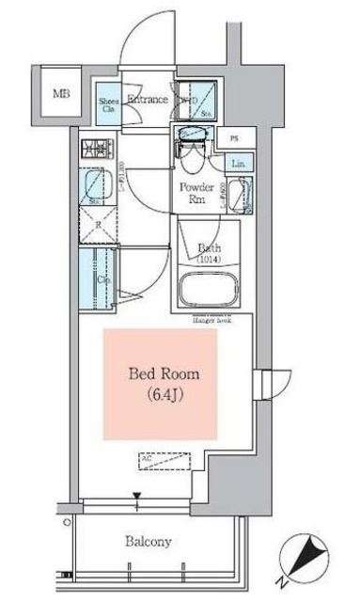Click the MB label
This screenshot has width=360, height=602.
click(61, 94)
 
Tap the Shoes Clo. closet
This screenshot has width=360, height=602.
click(109, 103)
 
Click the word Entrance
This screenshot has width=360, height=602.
click(147, 99)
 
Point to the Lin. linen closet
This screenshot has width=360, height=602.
click(239, 166)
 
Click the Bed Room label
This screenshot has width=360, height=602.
click(164, 373)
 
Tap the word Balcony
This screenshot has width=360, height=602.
click(149, 542)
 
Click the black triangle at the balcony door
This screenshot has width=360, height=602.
click(137, 497)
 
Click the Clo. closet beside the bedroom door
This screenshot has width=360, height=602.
click(99, 278)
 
